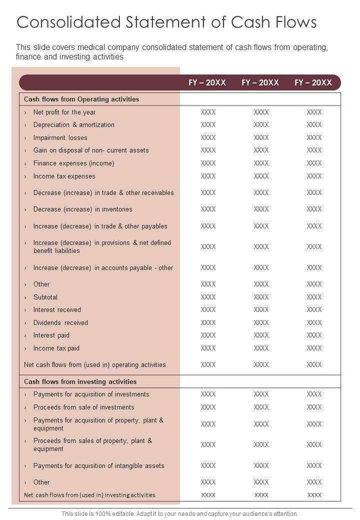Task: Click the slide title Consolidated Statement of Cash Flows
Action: (x=166, y=23)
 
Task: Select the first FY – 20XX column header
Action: (x=207, y=82)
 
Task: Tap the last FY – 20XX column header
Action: (x=313, y=82)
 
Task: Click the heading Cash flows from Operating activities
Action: (x=81, y=99)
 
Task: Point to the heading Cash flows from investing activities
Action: (x=80, y=381)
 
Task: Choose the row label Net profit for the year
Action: (x=64, y=112)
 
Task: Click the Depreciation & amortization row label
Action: (x=74, y=124)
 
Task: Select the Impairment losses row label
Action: (x=60, y=137)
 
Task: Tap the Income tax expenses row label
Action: (x=64, y=176)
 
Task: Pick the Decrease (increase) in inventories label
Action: (x=83, y=209)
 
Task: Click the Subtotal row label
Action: (x=45, y=297)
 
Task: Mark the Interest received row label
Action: (x=57, y=309)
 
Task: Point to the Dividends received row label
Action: (x=60, y=322)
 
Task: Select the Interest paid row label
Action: (x=51, y=335)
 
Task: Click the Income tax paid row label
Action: (x=56, y=348)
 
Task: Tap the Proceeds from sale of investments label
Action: (x=84, y=407)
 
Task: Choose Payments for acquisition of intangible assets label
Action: (x=99, y=465)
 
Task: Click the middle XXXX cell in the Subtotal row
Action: (x=261, y=297)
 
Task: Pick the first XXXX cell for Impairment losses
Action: (x=208, y=137)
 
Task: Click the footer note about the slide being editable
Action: (x=180, y=513)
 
